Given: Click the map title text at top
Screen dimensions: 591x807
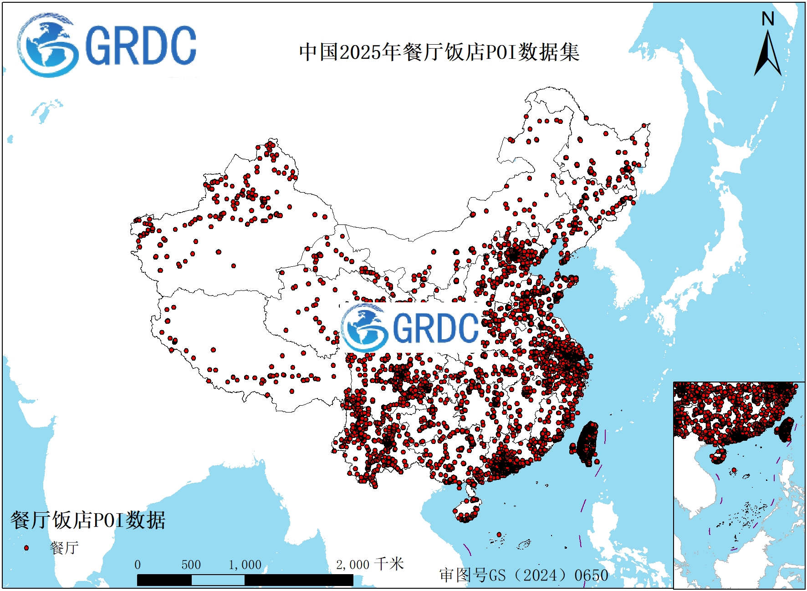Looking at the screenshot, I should point(439,52).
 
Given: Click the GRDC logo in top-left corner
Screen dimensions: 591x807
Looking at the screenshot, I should point(107,45).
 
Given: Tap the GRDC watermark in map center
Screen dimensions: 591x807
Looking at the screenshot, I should point(410,327).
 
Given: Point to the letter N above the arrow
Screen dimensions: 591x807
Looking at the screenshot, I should point(768,19).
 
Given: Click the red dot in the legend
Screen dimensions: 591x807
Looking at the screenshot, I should point(26,548).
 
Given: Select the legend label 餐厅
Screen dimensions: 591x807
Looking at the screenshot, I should point(64,548).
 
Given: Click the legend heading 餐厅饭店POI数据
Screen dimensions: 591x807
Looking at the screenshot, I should point(88,520).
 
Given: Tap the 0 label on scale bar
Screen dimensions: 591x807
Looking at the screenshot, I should point(138,565).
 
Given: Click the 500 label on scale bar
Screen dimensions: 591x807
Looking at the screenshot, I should point(191,565).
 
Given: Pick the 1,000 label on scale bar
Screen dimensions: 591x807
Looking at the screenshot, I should point(245,565).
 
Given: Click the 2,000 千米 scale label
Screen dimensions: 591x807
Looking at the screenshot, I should point(370,565).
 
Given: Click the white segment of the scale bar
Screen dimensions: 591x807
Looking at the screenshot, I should point(218,580).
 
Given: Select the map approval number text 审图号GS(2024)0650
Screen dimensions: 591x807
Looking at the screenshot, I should point(524,575).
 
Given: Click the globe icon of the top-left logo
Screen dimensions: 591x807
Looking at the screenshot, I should point(47,45).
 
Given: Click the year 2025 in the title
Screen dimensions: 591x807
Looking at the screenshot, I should point(360,52).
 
